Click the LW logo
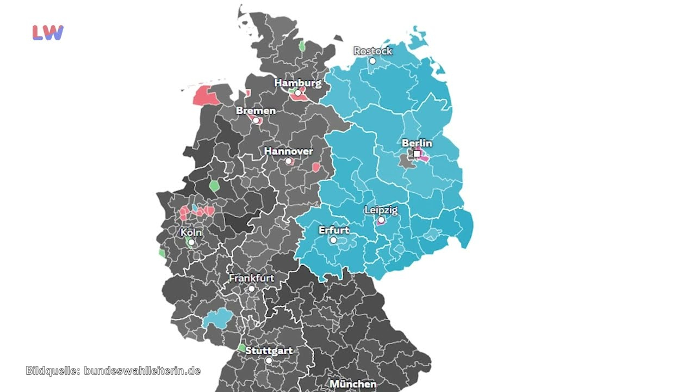coord(48,33)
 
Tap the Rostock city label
coord(372,51)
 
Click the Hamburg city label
coord(297,83)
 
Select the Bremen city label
coord(256,111)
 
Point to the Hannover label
coord(288,151)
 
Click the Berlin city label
coord(417,143)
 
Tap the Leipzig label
coord(381,210)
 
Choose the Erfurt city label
coord(334,230)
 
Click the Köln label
coord(191,232)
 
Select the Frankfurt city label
coord(251,278)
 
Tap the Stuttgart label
coord(269,351)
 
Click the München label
coord(353,384)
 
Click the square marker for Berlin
coord(417,154)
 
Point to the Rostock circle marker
coord(372,61)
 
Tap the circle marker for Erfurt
coord(333,240)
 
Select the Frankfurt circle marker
coord(251,289)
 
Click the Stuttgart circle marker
coord(269,360)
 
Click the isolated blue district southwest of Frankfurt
coord(217,318)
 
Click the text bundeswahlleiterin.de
coord(142,371)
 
